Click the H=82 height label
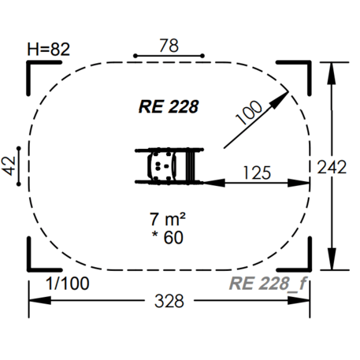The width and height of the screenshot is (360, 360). coord(49,49)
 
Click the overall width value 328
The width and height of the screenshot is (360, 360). coord(169,302)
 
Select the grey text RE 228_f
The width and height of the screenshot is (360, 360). coord(267,284)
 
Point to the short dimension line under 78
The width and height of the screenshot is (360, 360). coord(169,56)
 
